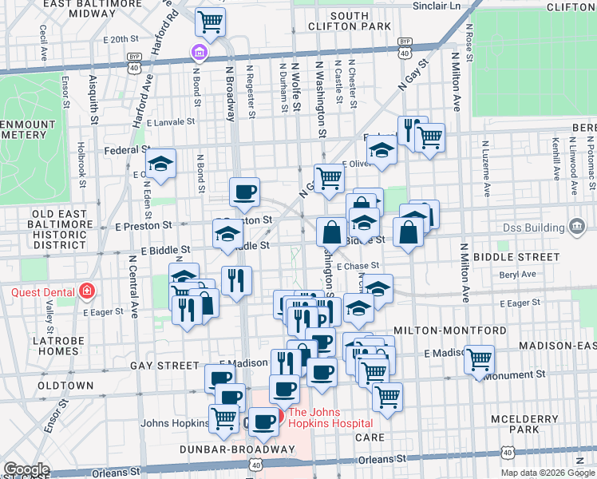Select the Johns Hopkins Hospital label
point(330,418)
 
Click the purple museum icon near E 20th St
point(198,53)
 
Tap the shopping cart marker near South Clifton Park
point(210,22)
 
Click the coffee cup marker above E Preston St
point(244,192)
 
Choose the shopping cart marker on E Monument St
point(479,359)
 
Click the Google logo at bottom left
point(26,469)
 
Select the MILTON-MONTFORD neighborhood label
point(449,331)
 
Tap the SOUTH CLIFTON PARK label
point(361,21)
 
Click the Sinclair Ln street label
point(437,6)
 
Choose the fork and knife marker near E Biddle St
point(236,279)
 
